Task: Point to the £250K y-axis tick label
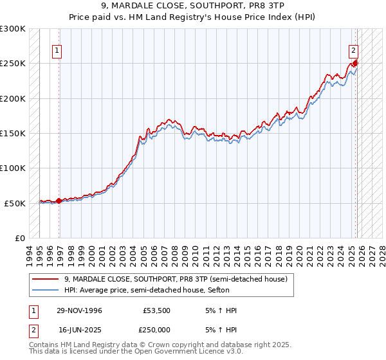pyautogui.click(x=13, y=64)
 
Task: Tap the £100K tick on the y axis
pyautogui.click(x=13, y=168)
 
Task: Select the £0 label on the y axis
pyautogui.click(x=19, y=238)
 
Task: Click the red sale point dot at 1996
pyautogui.click(x=59, y=201)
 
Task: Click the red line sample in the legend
pyautogui.click(x=46, y=279)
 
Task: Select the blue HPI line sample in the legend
pyautogui.click(x=46, y=290)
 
